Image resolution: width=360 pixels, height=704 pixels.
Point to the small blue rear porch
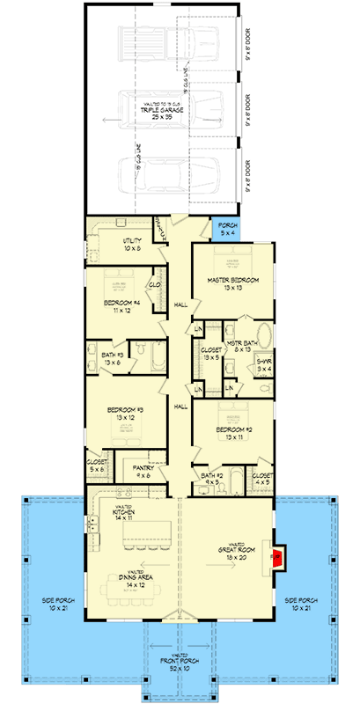227,230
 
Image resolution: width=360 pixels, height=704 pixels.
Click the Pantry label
142,472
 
